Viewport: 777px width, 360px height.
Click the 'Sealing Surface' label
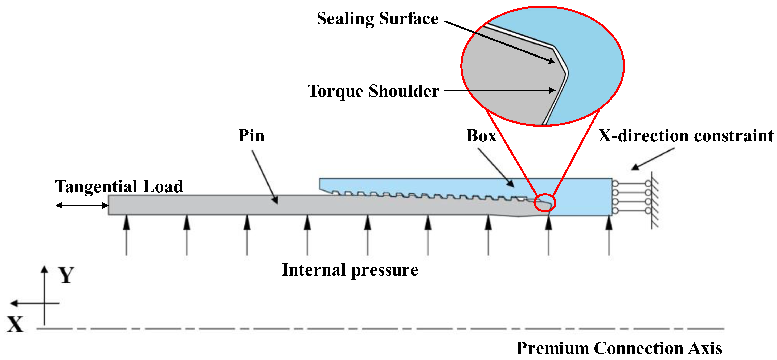click(377, 19)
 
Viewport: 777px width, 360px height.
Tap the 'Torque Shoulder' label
click(373, 91)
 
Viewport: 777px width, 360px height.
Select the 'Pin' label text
click(251, 136)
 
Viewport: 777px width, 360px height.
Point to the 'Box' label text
click(481, 136)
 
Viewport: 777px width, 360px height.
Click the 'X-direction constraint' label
click(686, 136)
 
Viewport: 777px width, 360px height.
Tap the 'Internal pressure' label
click(350, 270)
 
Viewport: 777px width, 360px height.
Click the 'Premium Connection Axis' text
click(619, 348)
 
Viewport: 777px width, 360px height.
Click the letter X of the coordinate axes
click(15, 324)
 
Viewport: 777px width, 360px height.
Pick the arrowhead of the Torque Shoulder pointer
click(552, 90)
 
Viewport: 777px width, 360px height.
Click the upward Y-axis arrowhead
click(44, 269)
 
